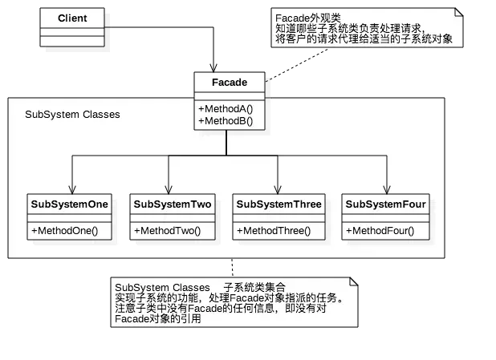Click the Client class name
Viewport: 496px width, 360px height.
point(72,18)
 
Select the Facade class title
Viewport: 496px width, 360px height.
point(230,82)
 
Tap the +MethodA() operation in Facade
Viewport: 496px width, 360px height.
point(226,109)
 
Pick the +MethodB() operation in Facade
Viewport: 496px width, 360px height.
point(226,121)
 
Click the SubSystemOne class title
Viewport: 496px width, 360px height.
point(69,204)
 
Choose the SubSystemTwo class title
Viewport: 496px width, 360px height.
point(173,204)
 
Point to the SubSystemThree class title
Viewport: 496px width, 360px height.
point(278,204)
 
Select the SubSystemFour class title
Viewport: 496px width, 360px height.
point(385,204)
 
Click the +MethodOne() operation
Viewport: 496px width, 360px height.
point(64,231)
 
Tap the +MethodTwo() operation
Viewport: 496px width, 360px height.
point(167,231)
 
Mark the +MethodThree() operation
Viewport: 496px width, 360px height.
point(274,231)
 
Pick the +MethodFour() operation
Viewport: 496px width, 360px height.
point(380,231)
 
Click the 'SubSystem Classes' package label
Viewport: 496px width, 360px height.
point(72,115)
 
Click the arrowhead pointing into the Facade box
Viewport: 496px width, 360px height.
point(213,68)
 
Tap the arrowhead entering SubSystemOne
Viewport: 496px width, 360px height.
point(72,190)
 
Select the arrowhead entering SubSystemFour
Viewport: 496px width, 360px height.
point(387,190)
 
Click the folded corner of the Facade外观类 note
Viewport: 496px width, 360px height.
point(459,12)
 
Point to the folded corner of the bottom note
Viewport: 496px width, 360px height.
point(354,281)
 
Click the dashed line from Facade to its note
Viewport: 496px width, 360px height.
point(296,65)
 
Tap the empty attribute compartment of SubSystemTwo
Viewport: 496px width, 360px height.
point(173,218)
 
